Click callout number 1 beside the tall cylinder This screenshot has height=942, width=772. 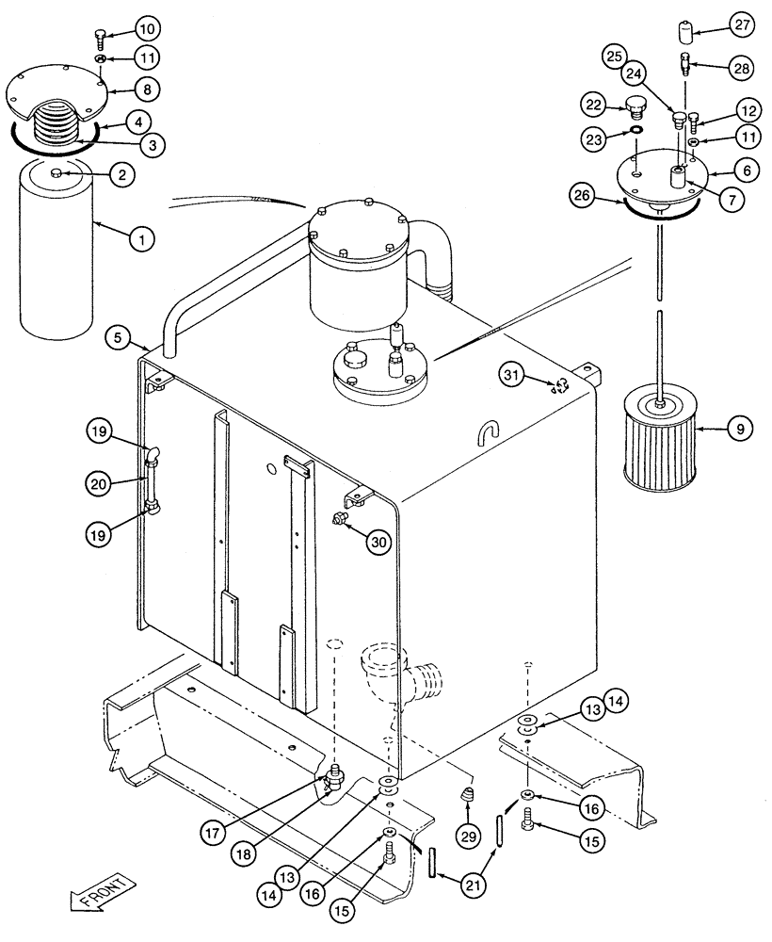coord(142,240)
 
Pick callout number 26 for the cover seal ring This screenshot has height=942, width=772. coord(581,196)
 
